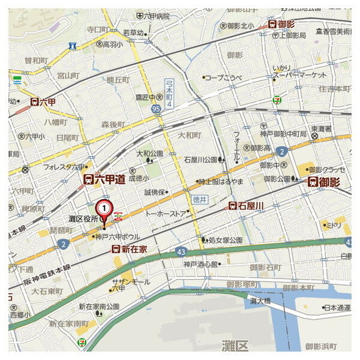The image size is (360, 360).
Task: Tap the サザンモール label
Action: [x=130, y=281]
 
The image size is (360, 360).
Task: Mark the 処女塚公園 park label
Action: [x=225, y=240]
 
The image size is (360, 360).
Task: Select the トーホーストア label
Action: [x=166, y=213]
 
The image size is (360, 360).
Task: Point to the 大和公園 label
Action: [x=149, y=153]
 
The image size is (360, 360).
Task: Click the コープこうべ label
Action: [x=225, y=77]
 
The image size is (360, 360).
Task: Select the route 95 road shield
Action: [x=156, y=109]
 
